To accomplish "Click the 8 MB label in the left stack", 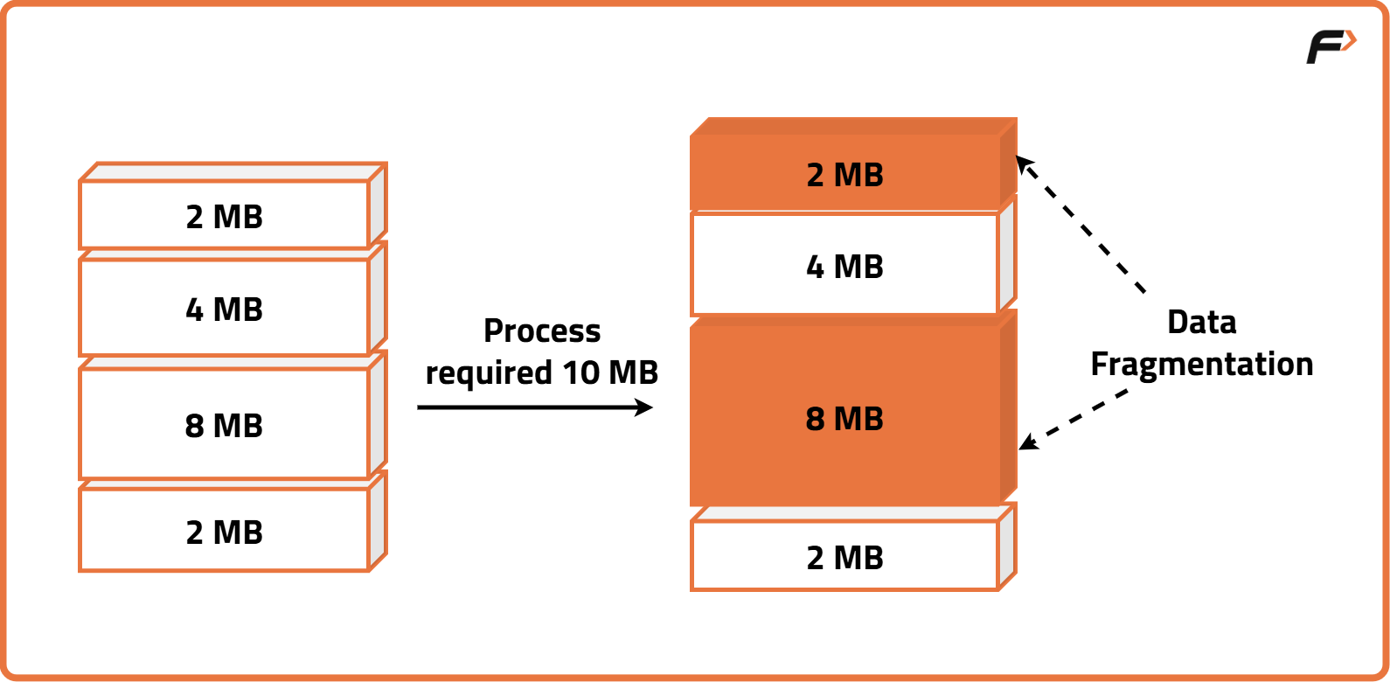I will pyautogui.click(x=224, y=426).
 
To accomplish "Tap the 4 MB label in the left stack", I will pyautogui.click(x=224, y=310).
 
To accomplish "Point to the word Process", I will pyautogui.click(x=542, y=331).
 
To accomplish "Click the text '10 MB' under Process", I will pyautogui.click(x=610, y=372).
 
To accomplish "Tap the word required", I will pyautogui.click(x=488, y=373).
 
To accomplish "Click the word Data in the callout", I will pyautogui.click(x=1201, y=322).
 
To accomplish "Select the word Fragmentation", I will pyautogui.click(x=1201, y=364).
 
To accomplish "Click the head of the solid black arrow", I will pyautogui.click(x=645, y=407).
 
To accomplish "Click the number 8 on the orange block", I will pyautogui.click(x=815, y=419).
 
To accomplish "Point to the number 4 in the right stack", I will pyautogui.click(x=815, y=267).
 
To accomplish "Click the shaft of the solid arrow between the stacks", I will pyautogui.click(x=525, y=407).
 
